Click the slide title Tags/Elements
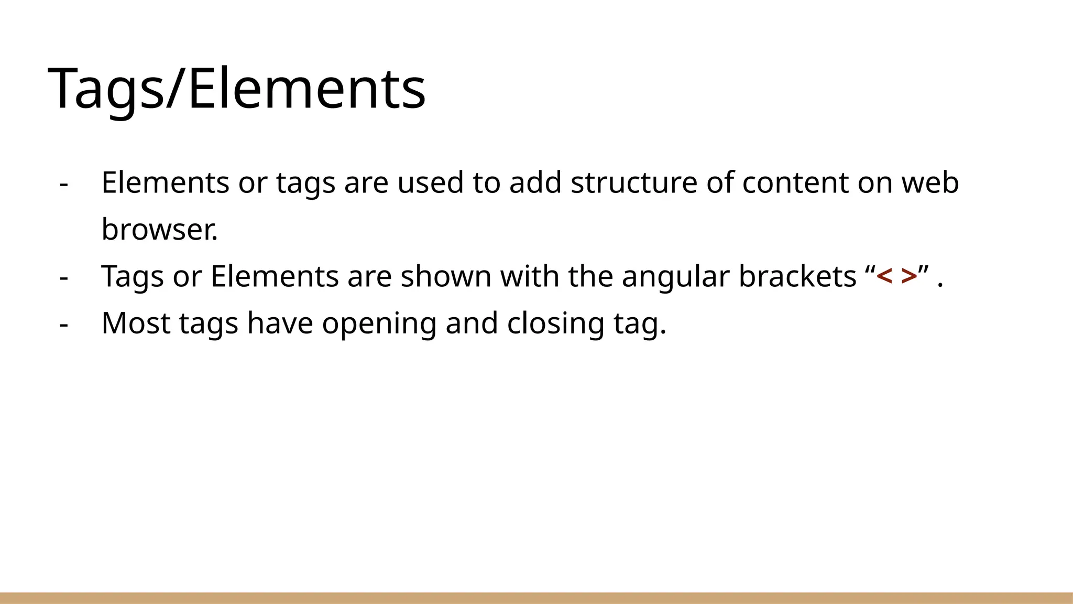237,88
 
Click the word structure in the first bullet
634,182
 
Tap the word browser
159,230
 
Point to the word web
930,182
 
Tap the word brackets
797,276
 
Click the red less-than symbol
884,276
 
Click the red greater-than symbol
909,276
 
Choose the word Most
136,323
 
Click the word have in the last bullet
280,323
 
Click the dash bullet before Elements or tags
64,184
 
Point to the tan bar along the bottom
536,598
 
